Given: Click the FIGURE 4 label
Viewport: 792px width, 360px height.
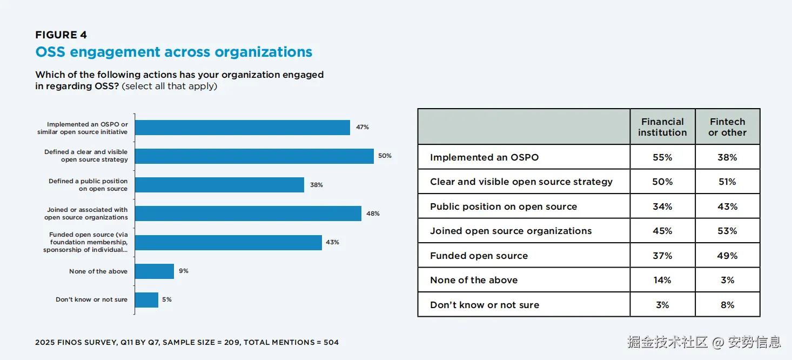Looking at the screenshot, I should point(61,35).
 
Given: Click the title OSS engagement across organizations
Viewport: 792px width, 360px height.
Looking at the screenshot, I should point(173,52).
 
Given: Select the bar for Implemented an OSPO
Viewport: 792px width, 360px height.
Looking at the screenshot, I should point(242,128).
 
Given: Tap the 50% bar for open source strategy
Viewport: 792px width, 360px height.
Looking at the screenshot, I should point(254,156).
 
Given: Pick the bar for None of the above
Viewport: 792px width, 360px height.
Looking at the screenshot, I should point(154,271).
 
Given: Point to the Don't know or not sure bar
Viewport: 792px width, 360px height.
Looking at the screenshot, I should point(146,300).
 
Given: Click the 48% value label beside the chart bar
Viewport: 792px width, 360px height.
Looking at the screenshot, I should point(373,214).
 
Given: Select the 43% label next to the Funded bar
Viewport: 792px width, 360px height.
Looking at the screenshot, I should point(332,243).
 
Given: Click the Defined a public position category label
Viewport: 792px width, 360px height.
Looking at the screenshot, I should point(88,185).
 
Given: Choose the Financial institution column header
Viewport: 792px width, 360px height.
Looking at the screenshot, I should point(662,127).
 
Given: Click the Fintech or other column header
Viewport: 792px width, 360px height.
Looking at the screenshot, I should point(727,127).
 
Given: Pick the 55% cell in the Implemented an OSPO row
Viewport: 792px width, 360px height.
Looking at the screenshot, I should point(662,157).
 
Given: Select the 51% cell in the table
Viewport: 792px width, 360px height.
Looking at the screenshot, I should point(727,182).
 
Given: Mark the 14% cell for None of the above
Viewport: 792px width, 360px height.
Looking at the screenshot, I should point(662,280).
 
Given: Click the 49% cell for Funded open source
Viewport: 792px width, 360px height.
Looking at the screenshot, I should point(727,256).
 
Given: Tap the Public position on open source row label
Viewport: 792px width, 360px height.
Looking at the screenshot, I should point(504,206).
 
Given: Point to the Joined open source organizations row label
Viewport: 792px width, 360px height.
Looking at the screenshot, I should point(511,231).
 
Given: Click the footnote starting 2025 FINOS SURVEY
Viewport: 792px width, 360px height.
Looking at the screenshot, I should point(187,342).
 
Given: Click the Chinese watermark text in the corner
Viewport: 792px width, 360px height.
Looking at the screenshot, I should point(704,342).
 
